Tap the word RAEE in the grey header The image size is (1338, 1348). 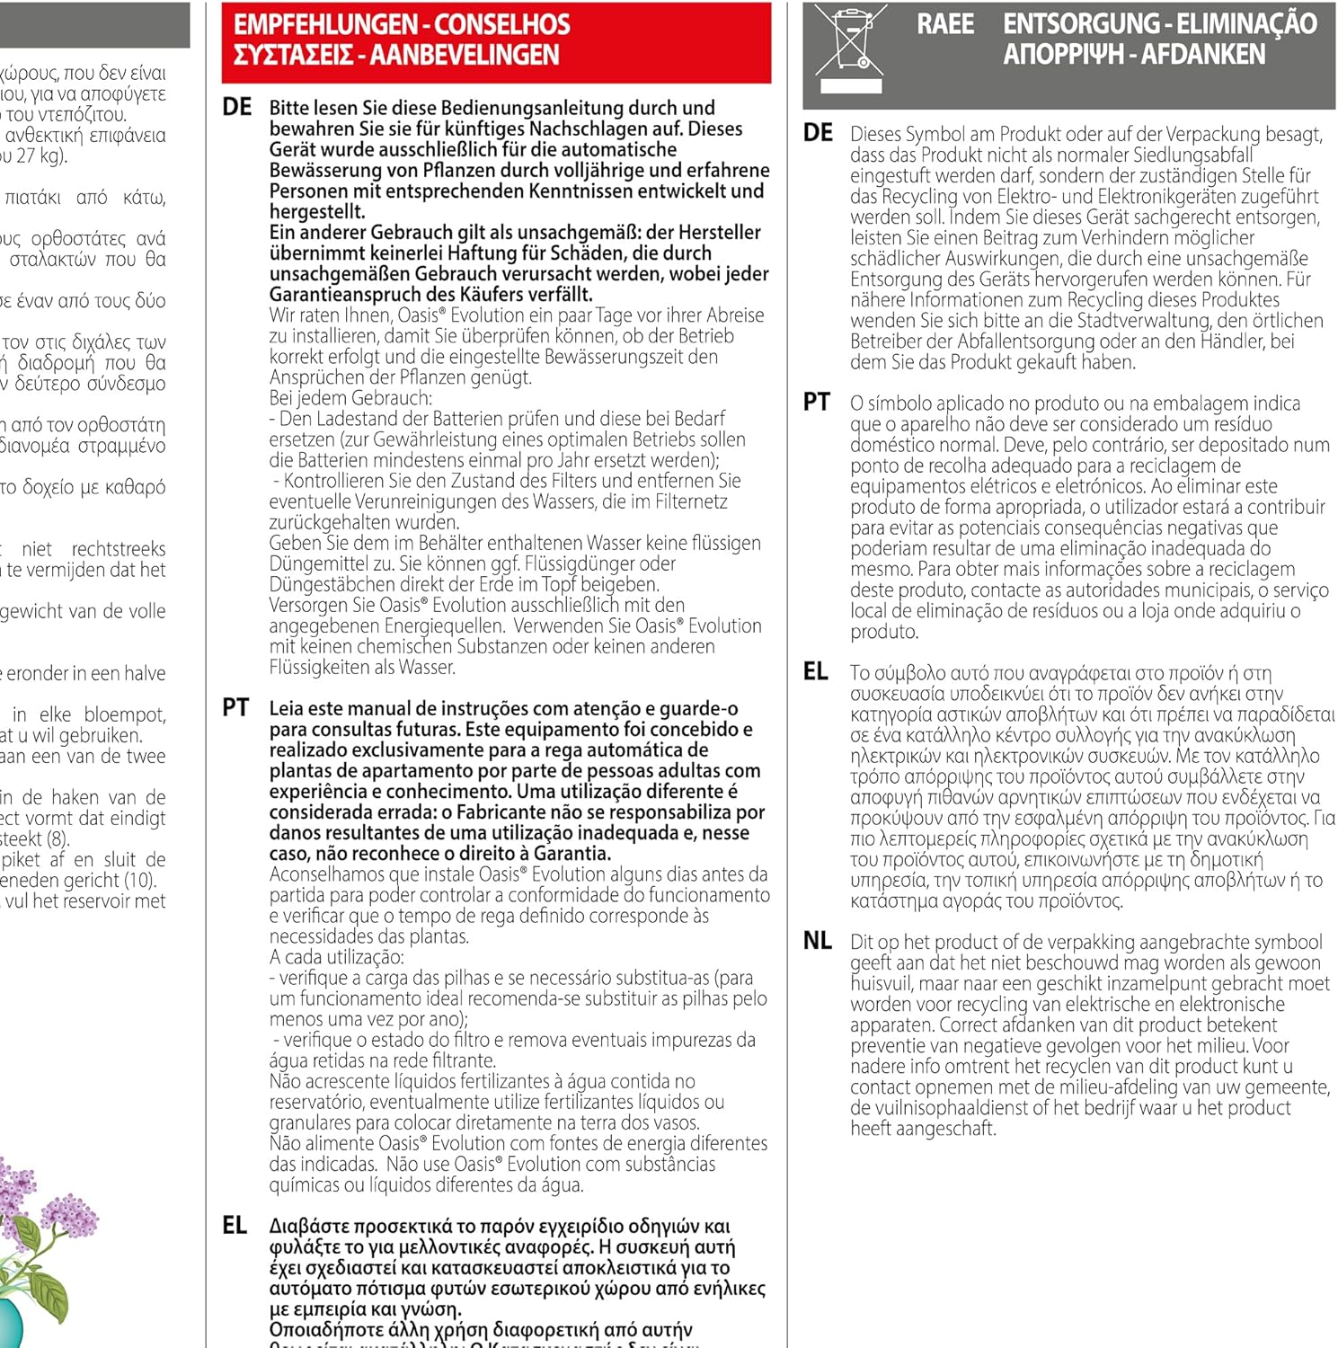click(x=944, y=24)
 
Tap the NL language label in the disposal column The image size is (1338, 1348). click(x=817, y=941)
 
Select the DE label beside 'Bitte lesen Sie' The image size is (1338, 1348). click(x=237, y=107)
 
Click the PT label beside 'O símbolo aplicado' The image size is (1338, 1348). click(x=816, y=402)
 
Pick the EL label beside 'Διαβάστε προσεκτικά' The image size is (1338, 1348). click(x=235, y=1225)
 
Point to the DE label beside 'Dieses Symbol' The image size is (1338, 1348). click(x=818, y=133)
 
